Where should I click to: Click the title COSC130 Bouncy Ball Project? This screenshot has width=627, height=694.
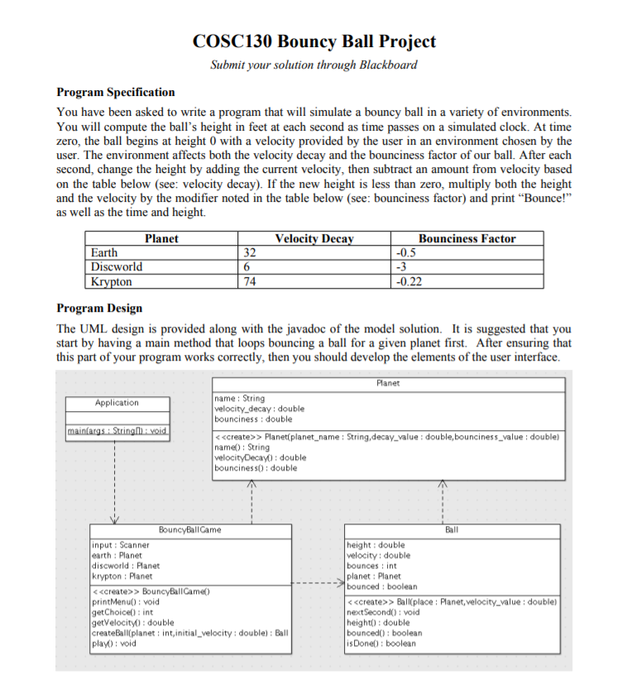313,41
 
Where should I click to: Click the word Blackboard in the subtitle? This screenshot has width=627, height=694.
389,65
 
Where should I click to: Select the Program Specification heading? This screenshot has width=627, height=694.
115,92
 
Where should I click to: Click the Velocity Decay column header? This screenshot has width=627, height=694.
313,238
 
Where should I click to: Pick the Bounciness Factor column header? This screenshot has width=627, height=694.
467,238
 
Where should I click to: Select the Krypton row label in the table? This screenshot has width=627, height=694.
112,281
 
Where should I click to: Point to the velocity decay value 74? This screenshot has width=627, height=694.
249,281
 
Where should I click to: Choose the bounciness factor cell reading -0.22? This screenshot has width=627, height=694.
409,281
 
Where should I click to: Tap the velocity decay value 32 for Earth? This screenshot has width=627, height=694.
249,252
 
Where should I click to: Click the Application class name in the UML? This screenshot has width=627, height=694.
117,403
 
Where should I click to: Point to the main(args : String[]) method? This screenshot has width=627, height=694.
117,431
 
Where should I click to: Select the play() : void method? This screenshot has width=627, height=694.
113,643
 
